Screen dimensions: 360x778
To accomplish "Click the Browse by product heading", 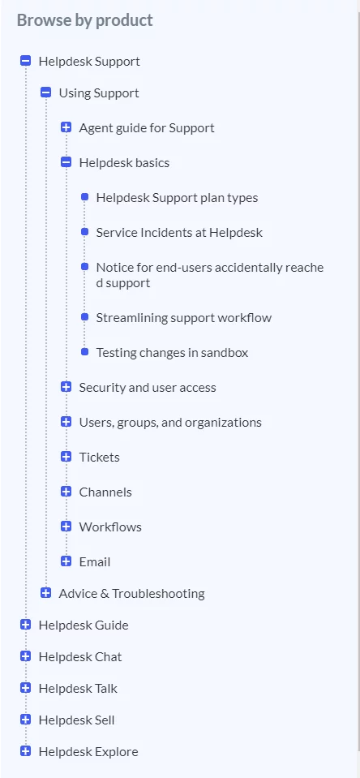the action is coord(85,20).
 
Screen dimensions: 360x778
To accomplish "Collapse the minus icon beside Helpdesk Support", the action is coord(26,61).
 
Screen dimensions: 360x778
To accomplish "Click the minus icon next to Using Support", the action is coord(46,92).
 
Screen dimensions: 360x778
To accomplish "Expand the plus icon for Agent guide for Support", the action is coord(66,127).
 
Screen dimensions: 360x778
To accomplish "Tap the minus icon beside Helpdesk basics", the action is coord(66,162).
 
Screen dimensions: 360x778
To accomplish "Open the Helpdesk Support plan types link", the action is coord(177,197).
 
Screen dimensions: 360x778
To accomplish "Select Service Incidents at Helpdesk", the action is coord(179,232).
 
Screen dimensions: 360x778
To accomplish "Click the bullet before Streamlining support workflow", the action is coord(85,316).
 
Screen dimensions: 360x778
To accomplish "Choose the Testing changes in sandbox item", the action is coord(172,352).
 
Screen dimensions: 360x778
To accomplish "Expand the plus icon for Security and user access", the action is coord(66,387).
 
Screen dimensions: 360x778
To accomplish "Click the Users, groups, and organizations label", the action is coord(170,422).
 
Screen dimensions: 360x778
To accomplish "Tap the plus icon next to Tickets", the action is coord(66,457).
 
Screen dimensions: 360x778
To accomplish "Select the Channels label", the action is coord(105,492).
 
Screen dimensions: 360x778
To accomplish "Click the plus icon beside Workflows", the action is coord(66,527).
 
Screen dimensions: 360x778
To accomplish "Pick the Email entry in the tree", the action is coord(95,561).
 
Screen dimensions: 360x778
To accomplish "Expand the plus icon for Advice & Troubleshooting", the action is coord(46,593).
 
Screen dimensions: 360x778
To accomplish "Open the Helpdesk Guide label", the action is coord(84,625).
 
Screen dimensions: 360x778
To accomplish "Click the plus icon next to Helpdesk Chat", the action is coord(26,656).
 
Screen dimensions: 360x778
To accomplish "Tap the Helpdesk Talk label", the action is coord(78,688).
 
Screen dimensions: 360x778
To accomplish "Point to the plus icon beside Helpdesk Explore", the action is coord(26,751).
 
